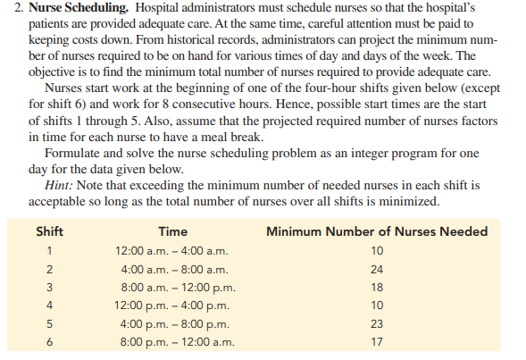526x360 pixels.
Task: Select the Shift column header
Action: [49, 231]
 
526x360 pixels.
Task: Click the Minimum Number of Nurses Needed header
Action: [377, 231]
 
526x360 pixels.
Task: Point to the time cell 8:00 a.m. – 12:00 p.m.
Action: [172, 288]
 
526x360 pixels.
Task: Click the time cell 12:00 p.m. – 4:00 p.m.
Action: [172, 306]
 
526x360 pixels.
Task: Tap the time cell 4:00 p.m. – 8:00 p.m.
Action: [172, 323]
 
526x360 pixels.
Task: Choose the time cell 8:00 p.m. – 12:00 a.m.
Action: [172, 342]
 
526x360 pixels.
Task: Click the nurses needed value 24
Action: [377, 269]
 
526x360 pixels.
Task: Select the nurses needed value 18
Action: [377, 288]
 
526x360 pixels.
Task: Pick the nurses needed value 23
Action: [377, 323]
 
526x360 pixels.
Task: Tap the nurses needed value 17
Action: [377, 342]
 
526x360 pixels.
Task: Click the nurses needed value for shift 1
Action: [377, 251]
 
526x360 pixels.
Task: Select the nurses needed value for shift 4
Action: [377, 306]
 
